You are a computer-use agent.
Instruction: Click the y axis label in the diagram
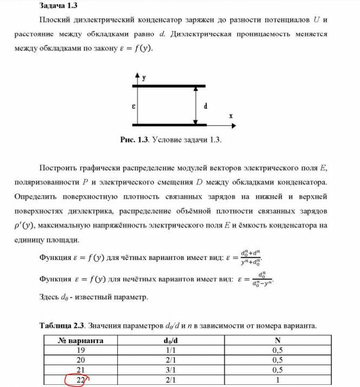tap(144, 78)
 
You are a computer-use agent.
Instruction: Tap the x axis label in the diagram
tap(231, 116)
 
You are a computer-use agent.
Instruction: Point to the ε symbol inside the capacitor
tap(133, 106)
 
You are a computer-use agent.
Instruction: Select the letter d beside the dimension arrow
tap(205, 106)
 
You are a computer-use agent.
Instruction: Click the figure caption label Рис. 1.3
tap(134, 139)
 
